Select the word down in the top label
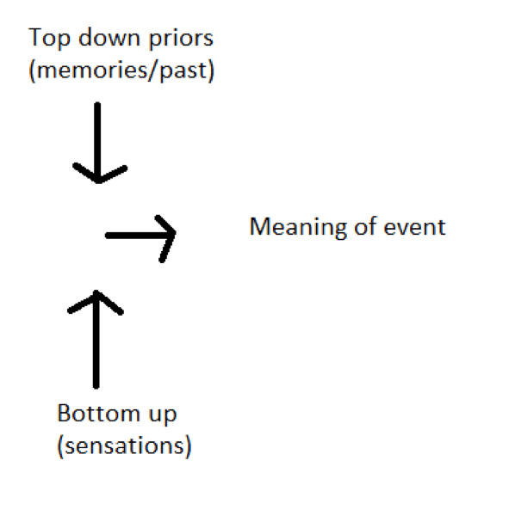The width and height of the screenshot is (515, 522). (109, 37)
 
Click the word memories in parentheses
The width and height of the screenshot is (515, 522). (91, 71)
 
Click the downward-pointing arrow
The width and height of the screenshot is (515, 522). (97, 143)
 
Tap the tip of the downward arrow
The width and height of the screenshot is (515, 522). (98, 182)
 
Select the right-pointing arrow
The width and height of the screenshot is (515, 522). (140, 236)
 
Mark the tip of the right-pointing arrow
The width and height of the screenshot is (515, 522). (175, 234)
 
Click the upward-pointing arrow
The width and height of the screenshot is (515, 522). (96, 339)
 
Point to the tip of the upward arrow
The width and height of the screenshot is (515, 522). (96, 292)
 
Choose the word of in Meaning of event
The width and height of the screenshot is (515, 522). (366, 225)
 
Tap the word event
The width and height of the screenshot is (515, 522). (414, 227)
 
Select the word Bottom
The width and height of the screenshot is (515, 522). (98, 413)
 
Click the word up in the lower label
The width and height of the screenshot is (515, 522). (162, 416)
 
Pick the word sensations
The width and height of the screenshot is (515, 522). (124, 445)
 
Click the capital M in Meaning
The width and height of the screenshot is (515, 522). (260, 226)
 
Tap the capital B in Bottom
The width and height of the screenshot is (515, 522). (64, 413)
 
